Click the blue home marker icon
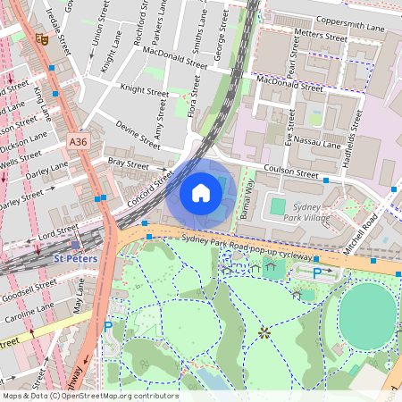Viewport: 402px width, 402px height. tap(201, 193)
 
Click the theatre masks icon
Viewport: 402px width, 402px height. tap(40, 39)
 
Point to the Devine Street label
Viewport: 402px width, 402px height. tap(138, 138)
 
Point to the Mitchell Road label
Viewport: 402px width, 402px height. tap(377, 227)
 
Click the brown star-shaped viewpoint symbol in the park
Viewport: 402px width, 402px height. tap(264, 333)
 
